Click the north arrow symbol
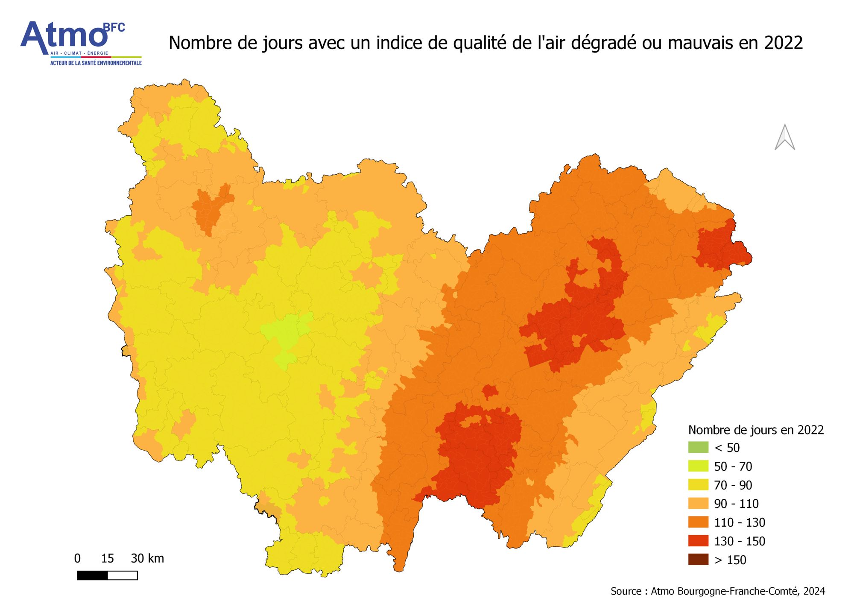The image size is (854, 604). click(x=785, y=138)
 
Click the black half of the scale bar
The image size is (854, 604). click(x=92, y=575)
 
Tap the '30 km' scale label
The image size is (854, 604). click(x=147, y=558)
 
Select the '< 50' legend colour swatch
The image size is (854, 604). click(x=698, y=447)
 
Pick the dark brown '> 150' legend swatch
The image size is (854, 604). click(x=698, y=559)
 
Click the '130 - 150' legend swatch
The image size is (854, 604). click(x=698, y=541)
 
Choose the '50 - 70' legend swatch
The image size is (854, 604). click(x=698, y=466)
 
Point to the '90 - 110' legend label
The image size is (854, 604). click(x=736, y=504)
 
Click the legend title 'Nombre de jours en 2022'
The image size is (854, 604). click(x=756, y=430)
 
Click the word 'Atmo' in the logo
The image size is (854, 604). click(x=64, y=36)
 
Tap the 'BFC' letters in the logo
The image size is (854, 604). click(x=114, y=28)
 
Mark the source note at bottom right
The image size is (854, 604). click(x=717, y=591)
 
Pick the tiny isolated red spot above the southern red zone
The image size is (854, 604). click(x=490, y=391)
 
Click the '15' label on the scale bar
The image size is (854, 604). click(x=107, y=558)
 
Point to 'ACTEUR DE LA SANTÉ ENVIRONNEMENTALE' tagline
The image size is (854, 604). click(x=96, y=63)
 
